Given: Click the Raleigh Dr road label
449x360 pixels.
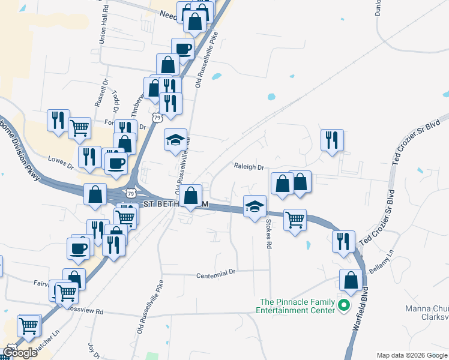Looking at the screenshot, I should pyautogui.click(x=249, y=167).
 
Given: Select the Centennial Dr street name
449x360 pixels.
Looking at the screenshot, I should pyautogui.click(x=217, y=274).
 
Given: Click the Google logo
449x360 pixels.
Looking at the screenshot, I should pyautogui.click(x=19, y=353).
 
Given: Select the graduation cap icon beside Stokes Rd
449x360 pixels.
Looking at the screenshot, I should pyautogui.click(x=255, y=206).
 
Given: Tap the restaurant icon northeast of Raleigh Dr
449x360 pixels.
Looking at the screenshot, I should pyautogui.click(x=331, y=140).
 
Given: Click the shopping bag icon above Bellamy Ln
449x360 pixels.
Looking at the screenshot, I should pyautogui.click(x=351, y=280).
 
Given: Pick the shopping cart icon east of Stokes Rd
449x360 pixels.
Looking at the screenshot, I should pyautogui.click(x=295, y=220).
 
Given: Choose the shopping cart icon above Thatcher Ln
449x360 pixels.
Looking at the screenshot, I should pyautogui.click(x=29, y=326).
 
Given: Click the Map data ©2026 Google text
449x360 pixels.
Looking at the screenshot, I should pyautogui.click(x=412, y=355).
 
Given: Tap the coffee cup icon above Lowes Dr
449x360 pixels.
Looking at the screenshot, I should pyautogui.click(x=116, y=162).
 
